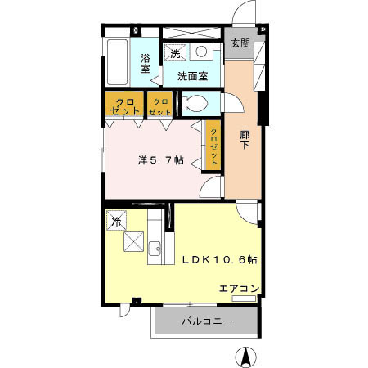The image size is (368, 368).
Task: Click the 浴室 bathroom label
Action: (145, 64)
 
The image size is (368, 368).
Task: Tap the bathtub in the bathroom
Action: (116, 61)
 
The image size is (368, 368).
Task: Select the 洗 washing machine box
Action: (174, 54)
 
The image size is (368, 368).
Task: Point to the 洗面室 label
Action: (193, 75)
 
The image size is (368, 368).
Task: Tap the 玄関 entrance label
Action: (240, 43)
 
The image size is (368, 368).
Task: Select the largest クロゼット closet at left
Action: (123, 105)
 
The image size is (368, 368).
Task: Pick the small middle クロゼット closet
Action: (158, 105)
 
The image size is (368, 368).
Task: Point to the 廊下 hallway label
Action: (245, 140)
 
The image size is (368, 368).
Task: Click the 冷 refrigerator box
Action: (117, 221)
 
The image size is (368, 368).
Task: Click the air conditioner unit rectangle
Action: (245, 297)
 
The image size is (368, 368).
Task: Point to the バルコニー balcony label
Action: (207, 322)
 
